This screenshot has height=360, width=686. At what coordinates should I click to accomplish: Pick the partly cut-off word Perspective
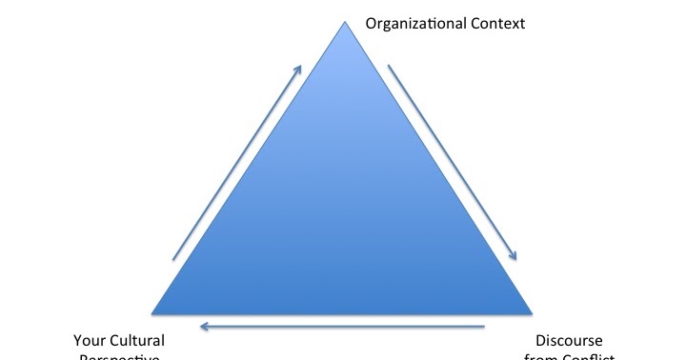119,357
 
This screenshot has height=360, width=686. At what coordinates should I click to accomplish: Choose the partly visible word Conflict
584,357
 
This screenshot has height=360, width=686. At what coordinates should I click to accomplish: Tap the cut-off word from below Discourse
539,357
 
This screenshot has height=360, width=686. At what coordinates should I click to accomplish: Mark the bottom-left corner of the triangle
153,312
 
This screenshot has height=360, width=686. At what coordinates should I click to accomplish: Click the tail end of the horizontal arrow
484,327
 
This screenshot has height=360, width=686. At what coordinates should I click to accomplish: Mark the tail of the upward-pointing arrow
172,258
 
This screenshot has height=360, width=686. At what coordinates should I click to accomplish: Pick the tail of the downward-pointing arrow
388,66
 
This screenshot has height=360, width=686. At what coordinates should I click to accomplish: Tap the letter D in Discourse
539,340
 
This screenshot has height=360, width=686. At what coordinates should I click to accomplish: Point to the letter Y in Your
78,340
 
